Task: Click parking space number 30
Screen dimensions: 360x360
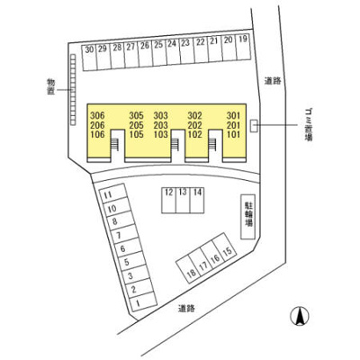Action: click(x=89, y=58)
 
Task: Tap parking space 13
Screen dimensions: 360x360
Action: click(x=183, y=201)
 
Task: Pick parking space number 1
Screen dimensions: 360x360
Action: click(x=143, y=302)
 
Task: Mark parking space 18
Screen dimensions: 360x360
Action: click(x=189, y=269)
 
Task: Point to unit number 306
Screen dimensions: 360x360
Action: click(x=97, y=115)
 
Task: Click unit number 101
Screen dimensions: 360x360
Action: click(x=233, y=134)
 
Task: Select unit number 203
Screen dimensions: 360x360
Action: click(x=161, y=125)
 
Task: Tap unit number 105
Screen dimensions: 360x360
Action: click(x=137, y=134)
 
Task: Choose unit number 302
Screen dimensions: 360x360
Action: click(x=194, y=115)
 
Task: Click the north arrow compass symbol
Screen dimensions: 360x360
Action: click(x=300, y=317)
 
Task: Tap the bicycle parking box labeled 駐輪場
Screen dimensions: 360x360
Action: click(x=248, y=217)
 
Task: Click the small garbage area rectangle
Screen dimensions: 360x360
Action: click(x=254, y=125)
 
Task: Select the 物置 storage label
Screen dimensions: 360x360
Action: click(x=51, y=86)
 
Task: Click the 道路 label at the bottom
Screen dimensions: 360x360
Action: click(x=186, y=308)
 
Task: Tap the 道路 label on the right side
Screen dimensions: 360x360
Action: click(x=273, y=81)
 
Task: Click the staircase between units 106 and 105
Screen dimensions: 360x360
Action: click(x=115, y=145)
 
